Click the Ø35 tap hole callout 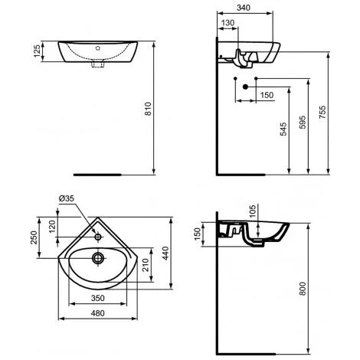[67, 200]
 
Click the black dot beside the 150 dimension [245, 87]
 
